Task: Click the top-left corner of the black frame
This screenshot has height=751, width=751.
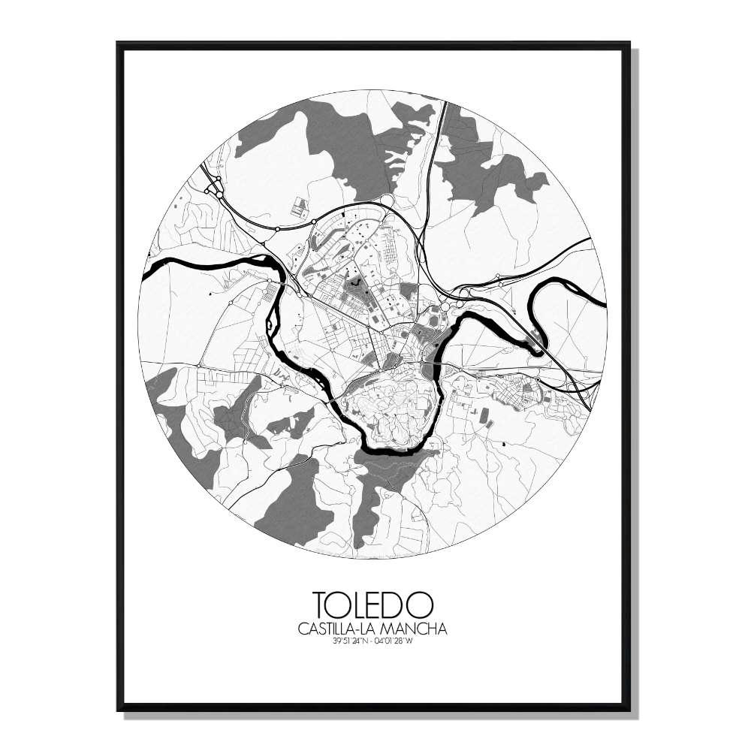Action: pyautogui.click(x=119, y=44)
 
